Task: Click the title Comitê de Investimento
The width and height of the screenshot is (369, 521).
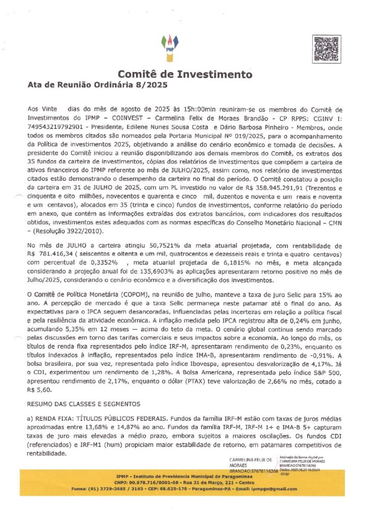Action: pos(185,74)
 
